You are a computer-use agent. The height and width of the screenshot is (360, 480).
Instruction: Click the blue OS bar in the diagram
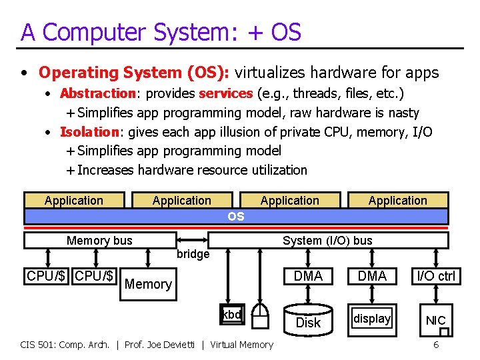(236, 216)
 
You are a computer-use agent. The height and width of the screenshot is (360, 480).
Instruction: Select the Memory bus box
(99, 241)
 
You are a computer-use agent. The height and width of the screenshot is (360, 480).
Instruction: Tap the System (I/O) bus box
(327, 241)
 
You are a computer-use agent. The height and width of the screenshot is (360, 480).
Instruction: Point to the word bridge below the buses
(193, 254)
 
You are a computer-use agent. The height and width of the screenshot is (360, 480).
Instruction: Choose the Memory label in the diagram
(148, 284)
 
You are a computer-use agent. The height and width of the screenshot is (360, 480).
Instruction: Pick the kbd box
(232, 315)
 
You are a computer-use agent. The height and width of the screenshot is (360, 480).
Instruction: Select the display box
(372, 319)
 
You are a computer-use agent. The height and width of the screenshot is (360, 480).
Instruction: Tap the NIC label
(435, 321)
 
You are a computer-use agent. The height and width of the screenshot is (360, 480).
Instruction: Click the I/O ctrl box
(437, 276)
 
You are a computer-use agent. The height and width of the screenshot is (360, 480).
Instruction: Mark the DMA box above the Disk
(308, 276)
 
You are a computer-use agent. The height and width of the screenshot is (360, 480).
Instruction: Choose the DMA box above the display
(372, 276)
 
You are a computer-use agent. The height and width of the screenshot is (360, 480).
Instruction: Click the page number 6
(436, 345)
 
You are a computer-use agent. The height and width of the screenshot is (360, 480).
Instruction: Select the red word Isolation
(80, 132)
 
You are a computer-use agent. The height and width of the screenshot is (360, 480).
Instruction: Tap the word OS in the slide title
(286, 31)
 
